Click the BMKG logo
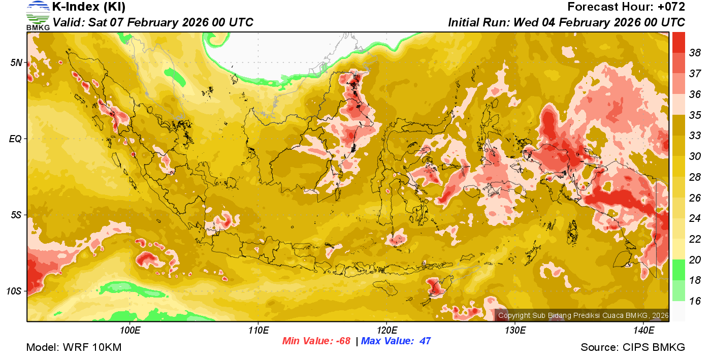tap(38, 15)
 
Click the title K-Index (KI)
tap(89, 7)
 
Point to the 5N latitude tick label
tap(17, 63)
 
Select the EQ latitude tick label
tap(16, 139)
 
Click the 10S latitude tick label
tap(14, 291)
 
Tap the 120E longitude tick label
tap(386, 331)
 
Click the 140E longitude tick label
tap(643, 331)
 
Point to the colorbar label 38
tap(695, 52)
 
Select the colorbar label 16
tap(695, 301)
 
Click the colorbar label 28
tap(695, 177)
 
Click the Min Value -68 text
tap(316, 341)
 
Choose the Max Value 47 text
tap(396, 341)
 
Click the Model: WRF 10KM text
tap(74, 347)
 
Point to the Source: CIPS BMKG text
tap(633, 347)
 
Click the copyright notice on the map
tap(584, 315)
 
